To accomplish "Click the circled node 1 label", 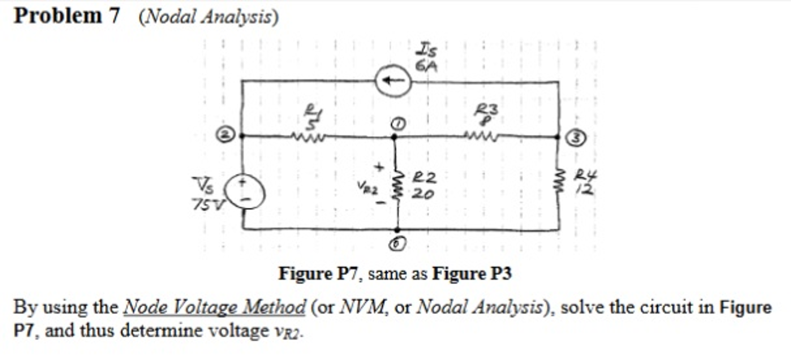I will tap(399, 124).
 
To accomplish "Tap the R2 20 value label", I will tap(424, 186).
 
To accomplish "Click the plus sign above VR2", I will tap(379, 167).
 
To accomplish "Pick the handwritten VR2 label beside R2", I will tap(367, 188).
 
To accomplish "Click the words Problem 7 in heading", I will tap(67, 16).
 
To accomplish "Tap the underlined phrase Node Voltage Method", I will tap(214, 307).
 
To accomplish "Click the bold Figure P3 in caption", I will tap(472, 274).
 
